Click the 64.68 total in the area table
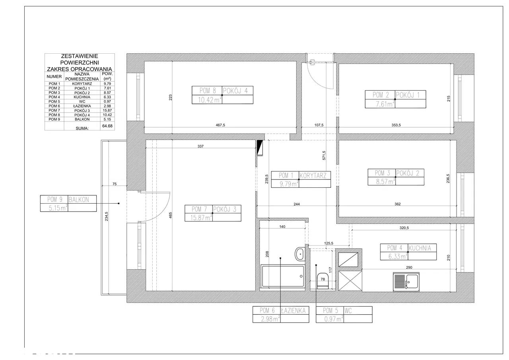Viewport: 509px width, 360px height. pos(107,126)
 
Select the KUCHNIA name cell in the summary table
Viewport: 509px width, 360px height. pos(82,97)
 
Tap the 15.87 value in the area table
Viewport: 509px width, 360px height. pos(107,111)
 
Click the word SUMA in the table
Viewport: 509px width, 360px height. pos(82,128)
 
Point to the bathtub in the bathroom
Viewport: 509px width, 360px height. pos(283,276)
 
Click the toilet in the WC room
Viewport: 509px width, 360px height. pos(322,281)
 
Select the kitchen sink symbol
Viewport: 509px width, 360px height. pos(406,282)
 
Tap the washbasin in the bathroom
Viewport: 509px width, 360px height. pos(300,254)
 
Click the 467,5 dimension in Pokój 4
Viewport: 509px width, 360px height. pos(220,125)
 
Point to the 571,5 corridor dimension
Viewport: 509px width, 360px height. pos(324,156)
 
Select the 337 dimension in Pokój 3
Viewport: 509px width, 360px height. pos(200,146)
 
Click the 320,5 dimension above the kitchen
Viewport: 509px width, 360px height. pos(404,228)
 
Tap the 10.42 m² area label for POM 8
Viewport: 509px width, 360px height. pos(209,100)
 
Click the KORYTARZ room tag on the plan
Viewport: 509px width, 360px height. pos(313,175)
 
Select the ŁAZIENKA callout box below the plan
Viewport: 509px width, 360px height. pos(281,315)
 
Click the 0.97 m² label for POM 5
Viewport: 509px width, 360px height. pos(334,319)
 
